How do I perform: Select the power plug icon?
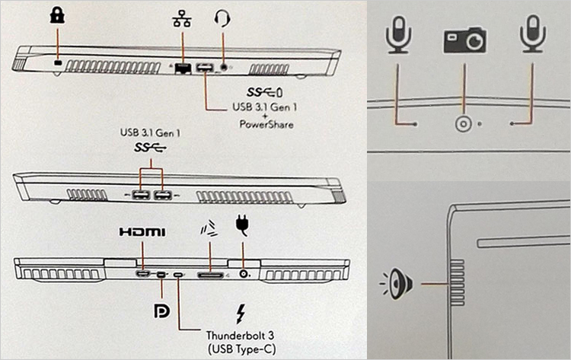[243, 225]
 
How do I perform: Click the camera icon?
[464, 39]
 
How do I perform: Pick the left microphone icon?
[397, 36]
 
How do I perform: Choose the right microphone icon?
[531, 36]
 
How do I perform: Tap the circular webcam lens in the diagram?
[462, 124]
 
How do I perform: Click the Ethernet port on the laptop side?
[183, 68]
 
